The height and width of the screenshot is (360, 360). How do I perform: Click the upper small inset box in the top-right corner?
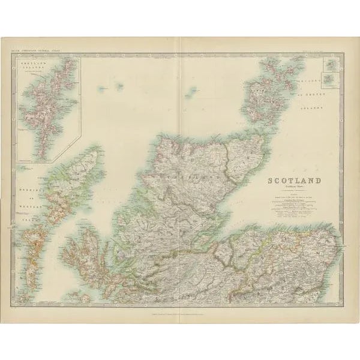coord(329,64)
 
